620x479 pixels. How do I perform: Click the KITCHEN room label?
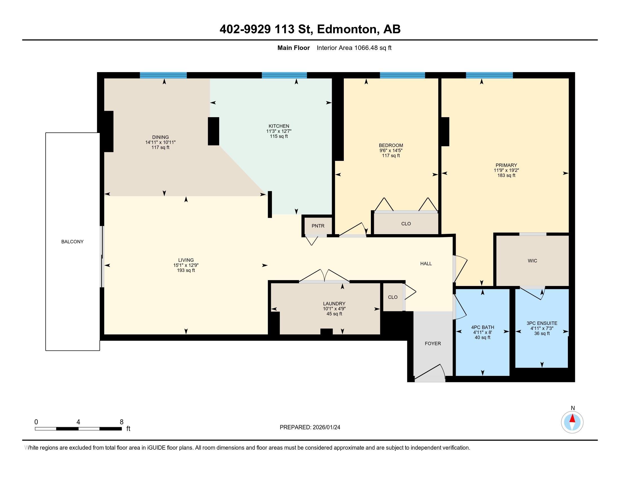click(x=279, y=126)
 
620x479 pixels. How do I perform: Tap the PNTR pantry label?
click(x=318, y=226)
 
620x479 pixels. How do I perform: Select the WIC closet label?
click(x=532, y=261)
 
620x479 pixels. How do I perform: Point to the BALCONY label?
click(x=72, y=242)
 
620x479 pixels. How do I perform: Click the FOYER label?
click(x=433, y=344)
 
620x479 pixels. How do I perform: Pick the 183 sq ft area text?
click(x=506, y=176)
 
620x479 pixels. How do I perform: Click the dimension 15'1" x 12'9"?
click(x=186, y=265)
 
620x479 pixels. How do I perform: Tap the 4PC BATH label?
click(x=482, y=327)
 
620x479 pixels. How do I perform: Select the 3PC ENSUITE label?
click(x=542, y=323)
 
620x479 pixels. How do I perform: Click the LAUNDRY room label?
click(x=334, y=304)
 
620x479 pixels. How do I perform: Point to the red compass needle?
click(x=572, y=419)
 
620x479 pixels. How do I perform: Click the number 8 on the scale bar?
click(x=121, y=422)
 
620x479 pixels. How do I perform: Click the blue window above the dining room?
click(x=163, y=76)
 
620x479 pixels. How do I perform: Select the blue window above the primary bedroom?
click(x=489, y=76)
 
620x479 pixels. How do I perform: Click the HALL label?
click(x=426, y=264)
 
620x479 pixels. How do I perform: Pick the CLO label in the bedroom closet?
click(x=406, y=224)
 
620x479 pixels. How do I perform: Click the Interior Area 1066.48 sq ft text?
click(x=354, y=48)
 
